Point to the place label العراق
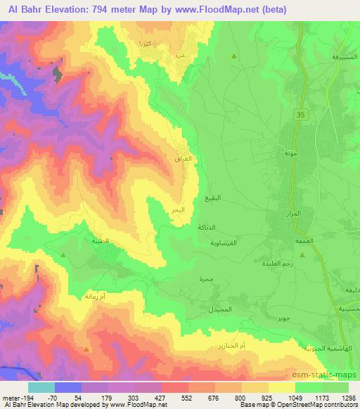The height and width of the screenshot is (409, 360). (x=182, y=160)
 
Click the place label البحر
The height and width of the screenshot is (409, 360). (x=179, y=210)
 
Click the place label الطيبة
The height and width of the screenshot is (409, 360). (x=81, y=240)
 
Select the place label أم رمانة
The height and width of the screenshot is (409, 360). (x=93, y=298)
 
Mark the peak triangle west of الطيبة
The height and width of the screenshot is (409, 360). (x=63, y=255)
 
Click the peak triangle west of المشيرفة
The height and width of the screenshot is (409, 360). (x=234, y=56)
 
